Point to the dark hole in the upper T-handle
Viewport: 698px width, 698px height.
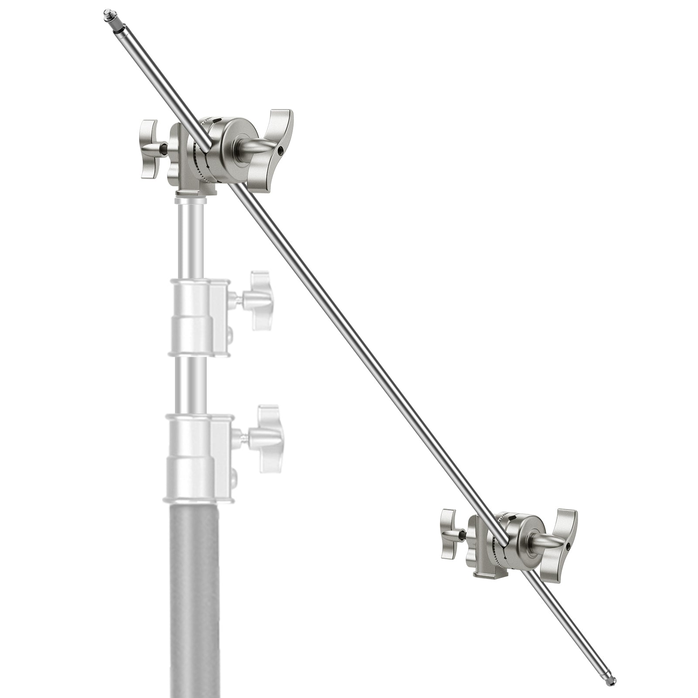click(281, 151)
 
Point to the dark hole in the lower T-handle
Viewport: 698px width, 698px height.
click(568, 546)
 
